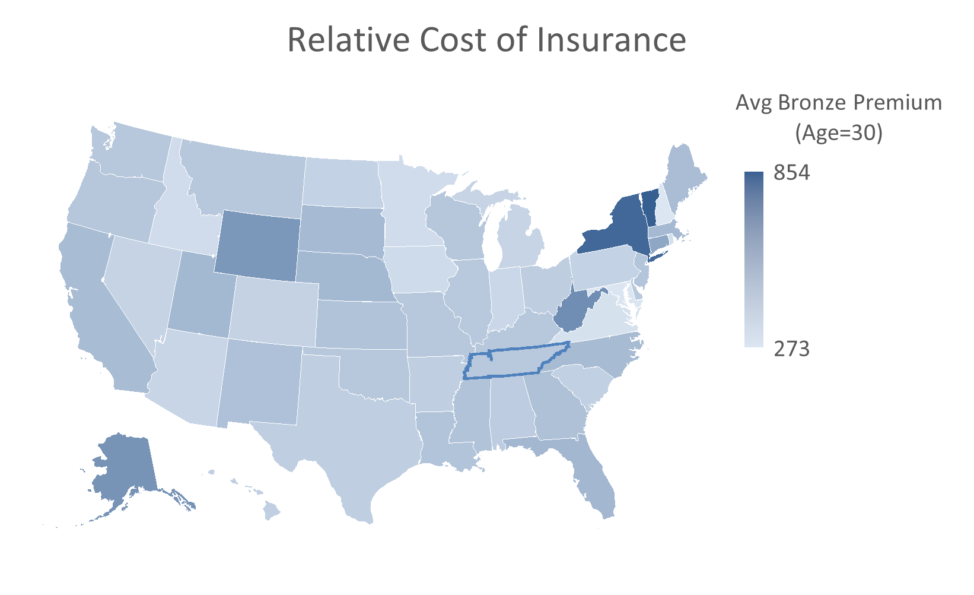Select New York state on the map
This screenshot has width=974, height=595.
coord(617,229)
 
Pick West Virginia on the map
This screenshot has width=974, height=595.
coord(575,312)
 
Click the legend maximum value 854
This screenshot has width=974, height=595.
coord(791,173)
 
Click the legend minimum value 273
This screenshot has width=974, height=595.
coord(791,349)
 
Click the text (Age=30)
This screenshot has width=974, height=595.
coord(838,132)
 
